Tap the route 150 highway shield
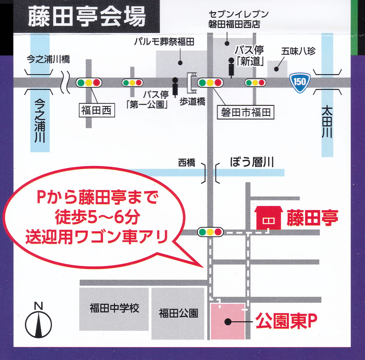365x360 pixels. click(299, 81)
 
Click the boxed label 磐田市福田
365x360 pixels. click(245, 112)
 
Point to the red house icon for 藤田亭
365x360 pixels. click(269, 218)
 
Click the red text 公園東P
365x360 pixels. click(285, 322)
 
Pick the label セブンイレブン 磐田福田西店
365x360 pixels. click(238, 19)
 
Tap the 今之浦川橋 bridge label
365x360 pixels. click(48, 59)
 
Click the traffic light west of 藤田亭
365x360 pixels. click(210, 231)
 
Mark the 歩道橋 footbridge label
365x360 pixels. click(192, 102)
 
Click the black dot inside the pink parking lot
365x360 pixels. click(228, 322)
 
